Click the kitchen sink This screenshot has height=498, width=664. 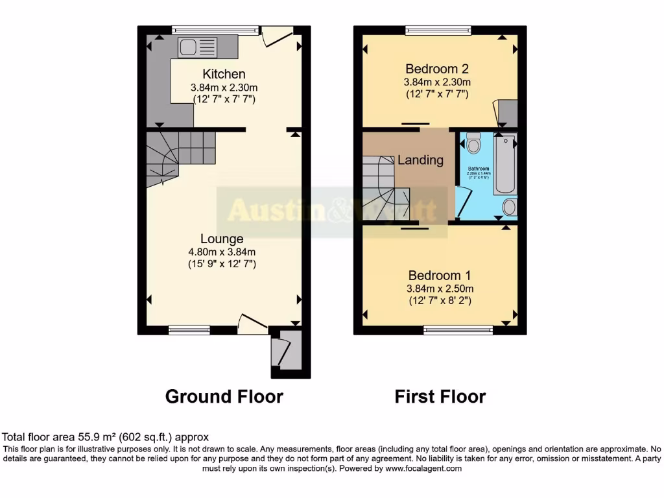(x=198, y=47)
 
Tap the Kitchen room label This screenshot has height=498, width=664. (x=224, y=74)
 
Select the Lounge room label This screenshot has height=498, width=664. (x=222, y=239)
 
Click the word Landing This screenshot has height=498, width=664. (x=420, y=160)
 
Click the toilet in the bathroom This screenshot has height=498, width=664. (x=473, y=143)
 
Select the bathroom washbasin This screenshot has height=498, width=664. (x=510, y=207)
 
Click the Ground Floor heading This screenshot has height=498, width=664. (x=224, y=396)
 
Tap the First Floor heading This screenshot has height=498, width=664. (x=440, y=396)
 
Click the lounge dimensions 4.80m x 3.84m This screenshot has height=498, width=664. (x=222, y=252)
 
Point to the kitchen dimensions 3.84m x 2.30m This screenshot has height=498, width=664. (x=224, y=88)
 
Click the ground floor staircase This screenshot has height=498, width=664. (x=174, y=156)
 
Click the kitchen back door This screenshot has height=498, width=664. (x=277, y=36)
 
